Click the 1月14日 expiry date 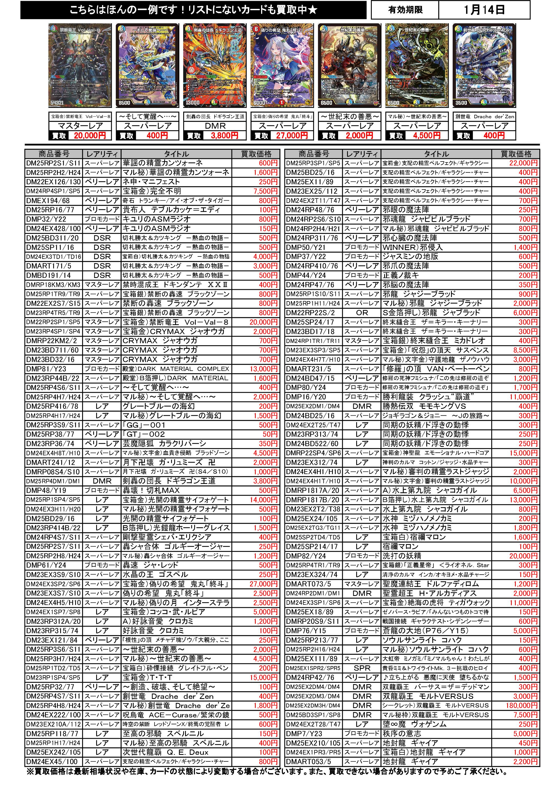point(484,10)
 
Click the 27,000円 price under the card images point(291,135)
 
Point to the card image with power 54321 point(80,65)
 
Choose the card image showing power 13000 point(215,65)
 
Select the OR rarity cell point(362,313)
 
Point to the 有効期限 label point(405,10)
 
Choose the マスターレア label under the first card point(80,126)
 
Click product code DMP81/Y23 point(46,369)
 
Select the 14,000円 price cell point(263,499)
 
